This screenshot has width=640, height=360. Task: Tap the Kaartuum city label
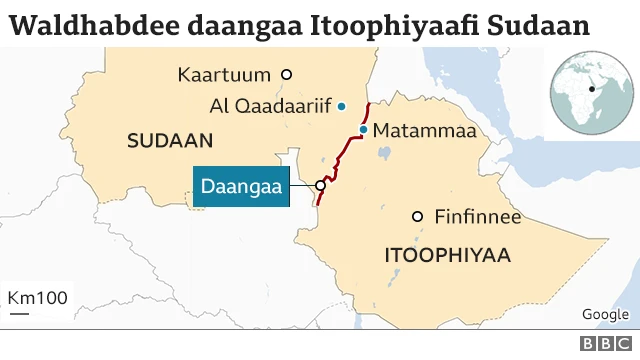point(226,74)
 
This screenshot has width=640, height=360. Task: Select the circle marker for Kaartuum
point(287,74)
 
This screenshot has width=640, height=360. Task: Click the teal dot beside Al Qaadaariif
point(341,106)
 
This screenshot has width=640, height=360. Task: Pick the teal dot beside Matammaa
point(364,130)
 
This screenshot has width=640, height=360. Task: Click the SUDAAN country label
point(171,141)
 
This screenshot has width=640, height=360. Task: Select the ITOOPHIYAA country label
point(447,256)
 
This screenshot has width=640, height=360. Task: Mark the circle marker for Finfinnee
point(418,217)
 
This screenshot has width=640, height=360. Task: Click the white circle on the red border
point(321,185)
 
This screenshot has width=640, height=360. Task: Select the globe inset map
point(591,89)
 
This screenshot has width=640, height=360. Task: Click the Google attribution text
point(604,314)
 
